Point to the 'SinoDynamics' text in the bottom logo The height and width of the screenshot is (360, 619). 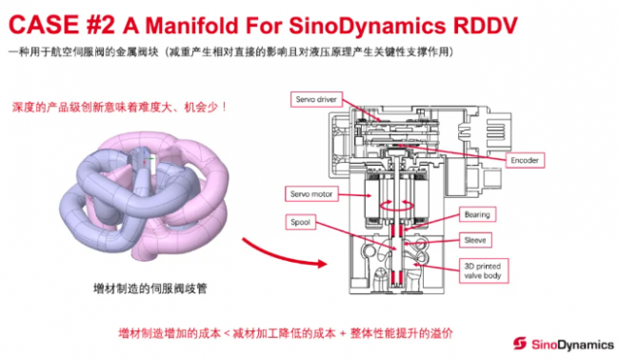tap(569, 342)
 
